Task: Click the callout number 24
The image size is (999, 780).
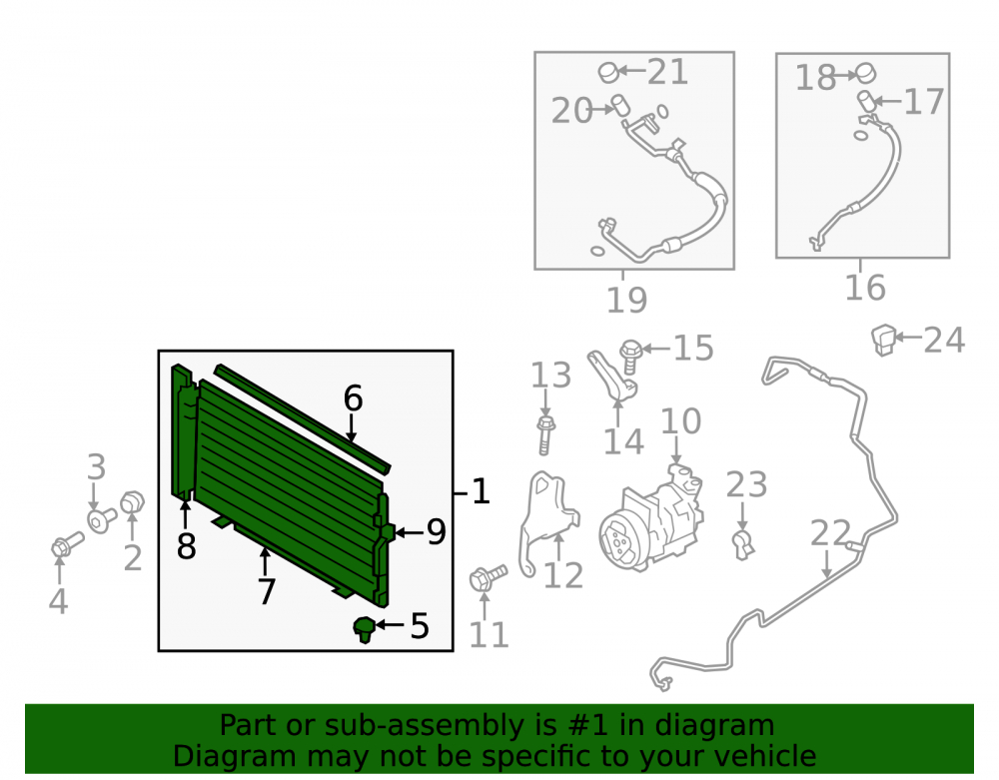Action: (x=944, y=340)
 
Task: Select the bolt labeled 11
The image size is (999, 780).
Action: (x=488, y=577)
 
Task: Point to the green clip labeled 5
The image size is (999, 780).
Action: (x=365, y=629)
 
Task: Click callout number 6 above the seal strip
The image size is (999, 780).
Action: (x=353, y=397)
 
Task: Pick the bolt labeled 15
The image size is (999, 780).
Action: (x=629, y=356)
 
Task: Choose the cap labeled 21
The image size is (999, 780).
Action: (x=608, y=72)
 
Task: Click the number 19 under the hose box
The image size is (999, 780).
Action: (x=626, y=300)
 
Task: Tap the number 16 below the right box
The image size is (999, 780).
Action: (x=864, y=288)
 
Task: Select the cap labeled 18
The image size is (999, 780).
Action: (x=865, y=73)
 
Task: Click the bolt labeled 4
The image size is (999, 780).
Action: (x=67, y=545)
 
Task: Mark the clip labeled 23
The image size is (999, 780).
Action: (x=742, y=545)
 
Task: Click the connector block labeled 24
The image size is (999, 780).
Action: (x=883, y=340)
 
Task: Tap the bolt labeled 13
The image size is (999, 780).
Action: (x=545, y=434)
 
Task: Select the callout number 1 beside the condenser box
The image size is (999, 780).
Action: (x=481, y=491)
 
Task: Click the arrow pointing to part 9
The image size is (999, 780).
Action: (x=408, y=531)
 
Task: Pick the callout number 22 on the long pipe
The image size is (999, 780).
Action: (x=830, y=533)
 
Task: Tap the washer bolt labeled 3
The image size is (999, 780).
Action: (x=102, y=520)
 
